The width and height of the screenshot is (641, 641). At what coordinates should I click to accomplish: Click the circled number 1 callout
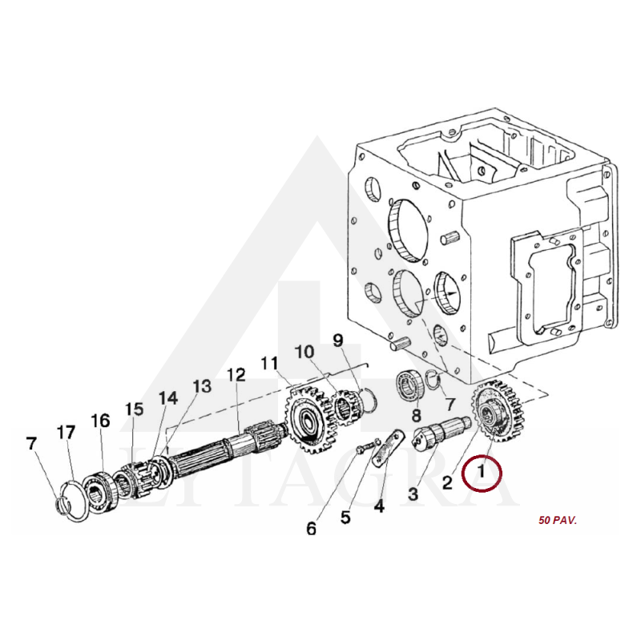(482, 472)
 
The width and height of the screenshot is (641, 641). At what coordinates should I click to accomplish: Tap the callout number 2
(448, 483)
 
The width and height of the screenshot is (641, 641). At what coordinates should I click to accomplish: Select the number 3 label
(413, 494)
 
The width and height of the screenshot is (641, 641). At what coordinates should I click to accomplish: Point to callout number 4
(379, 506)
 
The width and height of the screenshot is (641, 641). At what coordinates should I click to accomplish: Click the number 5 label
(346, 518)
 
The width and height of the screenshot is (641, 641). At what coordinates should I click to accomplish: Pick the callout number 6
(312, 529)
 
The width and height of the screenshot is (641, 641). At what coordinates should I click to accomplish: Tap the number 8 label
(416, 415)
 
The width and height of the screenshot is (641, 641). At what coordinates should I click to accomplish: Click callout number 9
(338, 341)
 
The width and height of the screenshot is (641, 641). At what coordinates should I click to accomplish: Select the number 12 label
(236, 375)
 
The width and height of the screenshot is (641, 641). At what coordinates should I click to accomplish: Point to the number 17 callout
(67, 432)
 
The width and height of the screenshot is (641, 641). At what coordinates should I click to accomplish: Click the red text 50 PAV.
(558, 520)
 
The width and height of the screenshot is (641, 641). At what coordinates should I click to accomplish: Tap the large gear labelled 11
(308, 419)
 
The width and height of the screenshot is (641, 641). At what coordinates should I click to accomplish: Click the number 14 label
(168, 397)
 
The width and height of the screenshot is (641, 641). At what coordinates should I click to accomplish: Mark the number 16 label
(101, 421)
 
